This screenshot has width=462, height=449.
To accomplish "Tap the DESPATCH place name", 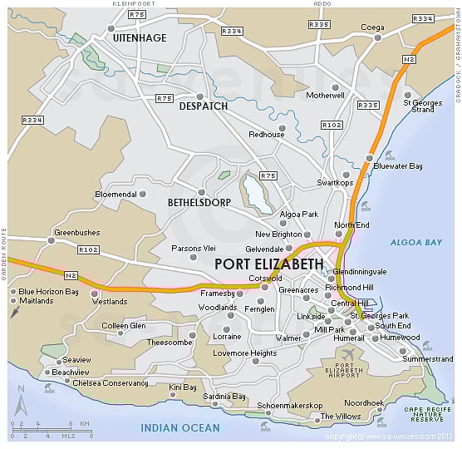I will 203,106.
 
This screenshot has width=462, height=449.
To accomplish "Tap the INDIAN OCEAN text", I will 180,428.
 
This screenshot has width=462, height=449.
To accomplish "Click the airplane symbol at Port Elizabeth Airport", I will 349,354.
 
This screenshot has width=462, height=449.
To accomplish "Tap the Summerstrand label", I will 427,359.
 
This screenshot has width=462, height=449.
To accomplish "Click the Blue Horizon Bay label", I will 48,292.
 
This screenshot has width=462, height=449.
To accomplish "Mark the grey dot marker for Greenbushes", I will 51,241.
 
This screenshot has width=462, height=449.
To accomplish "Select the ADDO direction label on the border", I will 322,4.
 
